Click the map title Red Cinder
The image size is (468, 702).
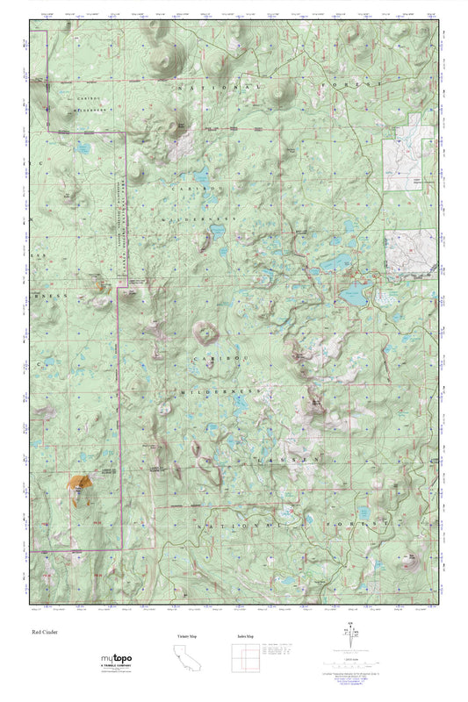(43, 631)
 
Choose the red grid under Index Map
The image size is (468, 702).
(246, 657)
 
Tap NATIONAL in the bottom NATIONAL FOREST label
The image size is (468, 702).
(234, 524)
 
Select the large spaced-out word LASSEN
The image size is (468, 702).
(284, 459)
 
